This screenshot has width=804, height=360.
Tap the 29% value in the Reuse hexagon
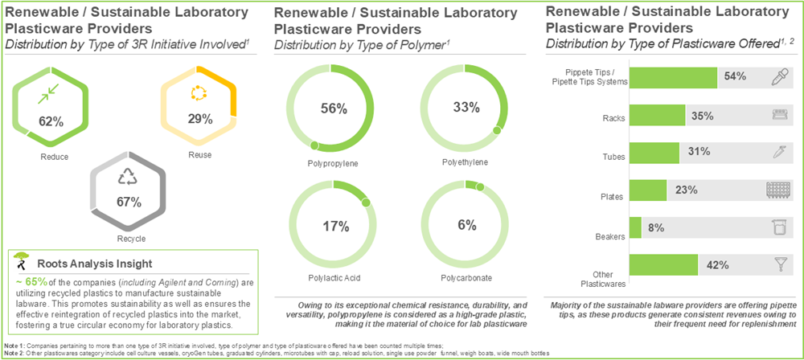(199, 119)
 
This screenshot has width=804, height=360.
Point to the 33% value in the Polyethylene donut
(466, 107)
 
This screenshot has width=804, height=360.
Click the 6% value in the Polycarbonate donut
(467, 225)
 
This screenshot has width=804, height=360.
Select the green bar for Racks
(656, 115)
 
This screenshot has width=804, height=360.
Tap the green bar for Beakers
(635, 227)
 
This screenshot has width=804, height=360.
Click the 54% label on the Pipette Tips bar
(735, 77)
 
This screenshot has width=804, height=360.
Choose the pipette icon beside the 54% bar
(779, 77)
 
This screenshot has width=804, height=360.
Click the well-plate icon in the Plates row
(777, 190)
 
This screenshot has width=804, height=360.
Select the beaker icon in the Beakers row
(778, 227)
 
